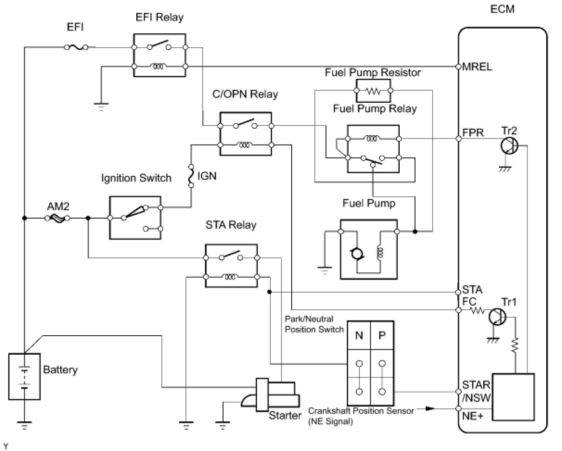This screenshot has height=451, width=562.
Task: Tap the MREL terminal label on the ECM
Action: [477, 67]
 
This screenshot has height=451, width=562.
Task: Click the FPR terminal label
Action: [473, 132]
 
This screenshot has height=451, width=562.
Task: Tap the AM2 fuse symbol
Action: [57, 218]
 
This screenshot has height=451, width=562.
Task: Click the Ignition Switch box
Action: [135, 218]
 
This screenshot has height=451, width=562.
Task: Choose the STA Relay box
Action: [231, 266]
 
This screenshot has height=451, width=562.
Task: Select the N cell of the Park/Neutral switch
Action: [359, 336]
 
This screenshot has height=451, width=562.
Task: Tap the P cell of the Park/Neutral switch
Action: [382, 336]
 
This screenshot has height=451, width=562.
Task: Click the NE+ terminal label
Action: [473, 416]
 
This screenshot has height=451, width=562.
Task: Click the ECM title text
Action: [502, 9]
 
